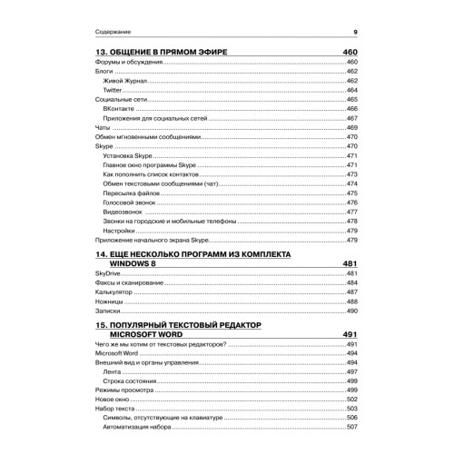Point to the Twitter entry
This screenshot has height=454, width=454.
tap(113, 92)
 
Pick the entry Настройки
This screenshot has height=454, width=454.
tap(119, 231)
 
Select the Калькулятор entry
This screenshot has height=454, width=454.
tap(113, 292)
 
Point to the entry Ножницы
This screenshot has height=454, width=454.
tap(108, 302)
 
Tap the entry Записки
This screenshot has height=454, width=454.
tap(107, 311)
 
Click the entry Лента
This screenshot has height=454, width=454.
tap(112, 372)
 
